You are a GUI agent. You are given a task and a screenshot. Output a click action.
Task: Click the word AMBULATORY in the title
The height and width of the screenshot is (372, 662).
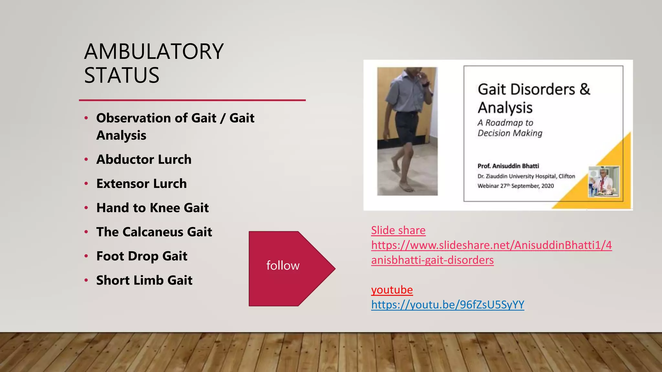click(154, 52)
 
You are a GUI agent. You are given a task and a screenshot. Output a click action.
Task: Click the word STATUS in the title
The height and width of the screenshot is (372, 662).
click(122, 76)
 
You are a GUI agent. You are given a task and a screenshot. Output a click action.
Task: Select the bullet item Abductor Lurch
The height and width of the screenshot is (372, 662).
click(144, 160)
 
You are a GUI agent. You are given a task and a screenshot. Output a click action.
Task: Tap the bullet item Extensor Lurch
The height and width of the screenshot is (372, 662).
click(142, 184)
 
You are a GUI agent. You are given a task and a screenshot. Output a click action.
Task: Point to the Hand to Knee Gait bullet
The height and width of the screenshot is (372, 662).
click(153, 208)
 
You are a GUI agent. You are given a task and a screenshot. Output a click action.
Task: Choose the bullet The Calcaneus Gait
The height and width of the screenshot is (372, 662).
click(154, 232)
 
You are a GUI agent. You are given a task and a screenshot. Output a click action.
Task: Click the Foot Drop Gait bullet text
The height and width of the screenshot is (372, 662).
click(142, 256)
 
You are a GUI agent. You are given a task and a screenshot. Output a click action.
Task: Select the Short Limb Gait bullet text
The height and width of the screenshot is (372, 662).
click(144, 280)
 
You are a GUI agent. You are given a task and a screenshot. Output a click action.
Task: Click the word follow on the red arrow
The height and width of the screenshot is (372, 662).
click(283, 266)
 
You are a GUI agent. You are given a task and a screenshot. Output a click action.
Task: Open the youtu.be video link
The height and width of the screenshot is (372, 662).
click(447, 305)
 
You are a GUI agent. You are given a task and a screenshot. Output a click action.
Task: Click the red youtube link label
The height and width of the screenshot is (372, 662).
click(392, 290)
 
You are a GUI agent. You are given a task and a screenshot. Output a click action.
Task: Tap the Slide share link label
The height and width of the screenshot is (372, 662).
click(398, 231)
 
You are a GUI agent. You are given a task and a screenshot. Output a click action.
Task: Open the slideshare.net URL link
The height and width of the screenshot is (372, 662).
click(491, 245)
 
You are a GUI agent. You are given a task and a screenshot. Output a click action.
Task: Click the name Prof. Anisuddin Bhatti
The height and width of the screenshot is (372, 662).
click(508, 166)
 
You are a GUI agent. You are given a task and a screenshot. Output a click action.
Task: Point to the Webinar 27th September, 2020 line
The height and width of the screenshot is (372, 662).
click(516, 186)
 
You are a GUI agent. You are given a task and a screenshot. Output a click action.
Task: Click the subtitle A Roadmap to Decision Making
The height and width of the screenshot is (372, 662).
click(510, 128)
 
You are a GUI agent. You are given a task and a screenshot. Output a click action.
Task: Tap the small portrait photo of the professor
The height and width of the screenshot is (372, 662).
click(603, 181)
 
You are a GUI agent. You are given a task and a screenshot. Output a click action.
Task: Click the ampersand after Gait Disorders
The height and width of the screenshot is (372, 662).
click(585, 89)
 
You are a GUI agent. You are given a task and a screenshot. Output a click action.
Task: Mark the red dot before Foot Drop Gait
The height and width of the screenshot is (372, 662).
click(86, 256)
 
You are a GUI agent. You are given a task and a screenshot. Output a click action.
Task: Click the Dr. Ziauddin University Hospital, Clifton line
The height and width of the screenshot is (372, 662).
click(526, 176)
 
